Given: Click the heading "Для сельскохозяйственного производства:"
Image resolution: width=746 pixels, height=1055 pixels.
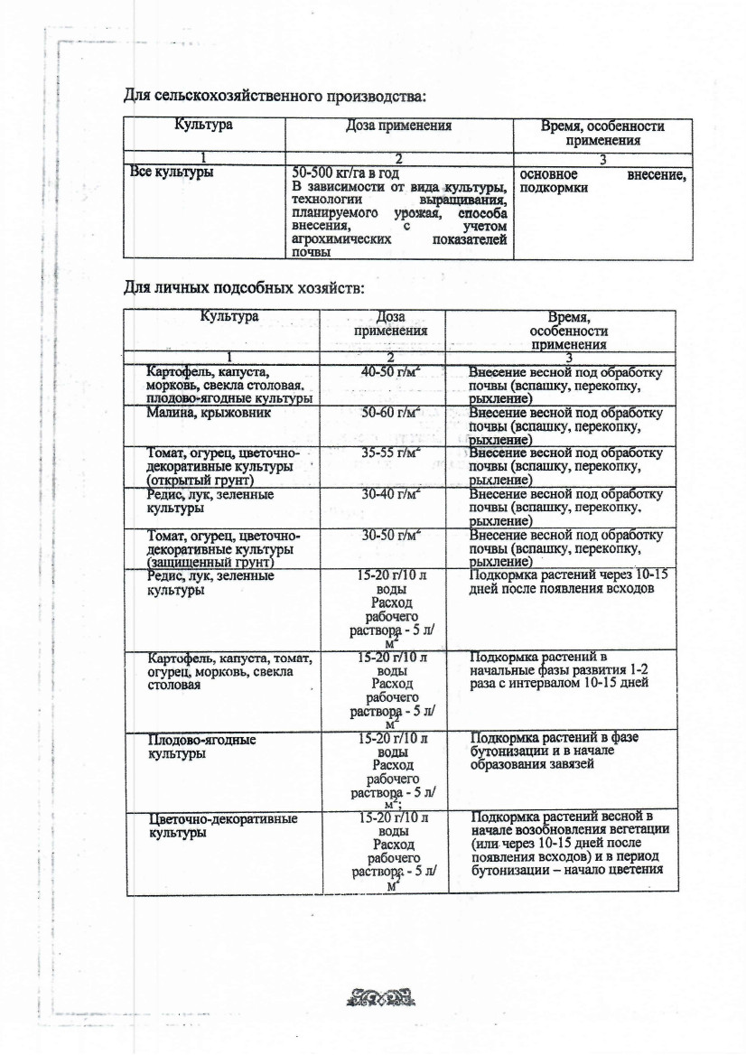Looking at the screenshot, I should click(x=274, y=95).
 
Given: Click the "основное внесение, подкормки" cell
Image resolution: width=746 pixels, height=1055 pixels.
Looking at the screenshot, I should click(x=602, y=180).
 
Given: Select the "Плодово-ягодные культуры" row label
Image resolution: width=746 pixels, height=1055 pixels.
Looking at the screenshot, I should click(x=201, y=745).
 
